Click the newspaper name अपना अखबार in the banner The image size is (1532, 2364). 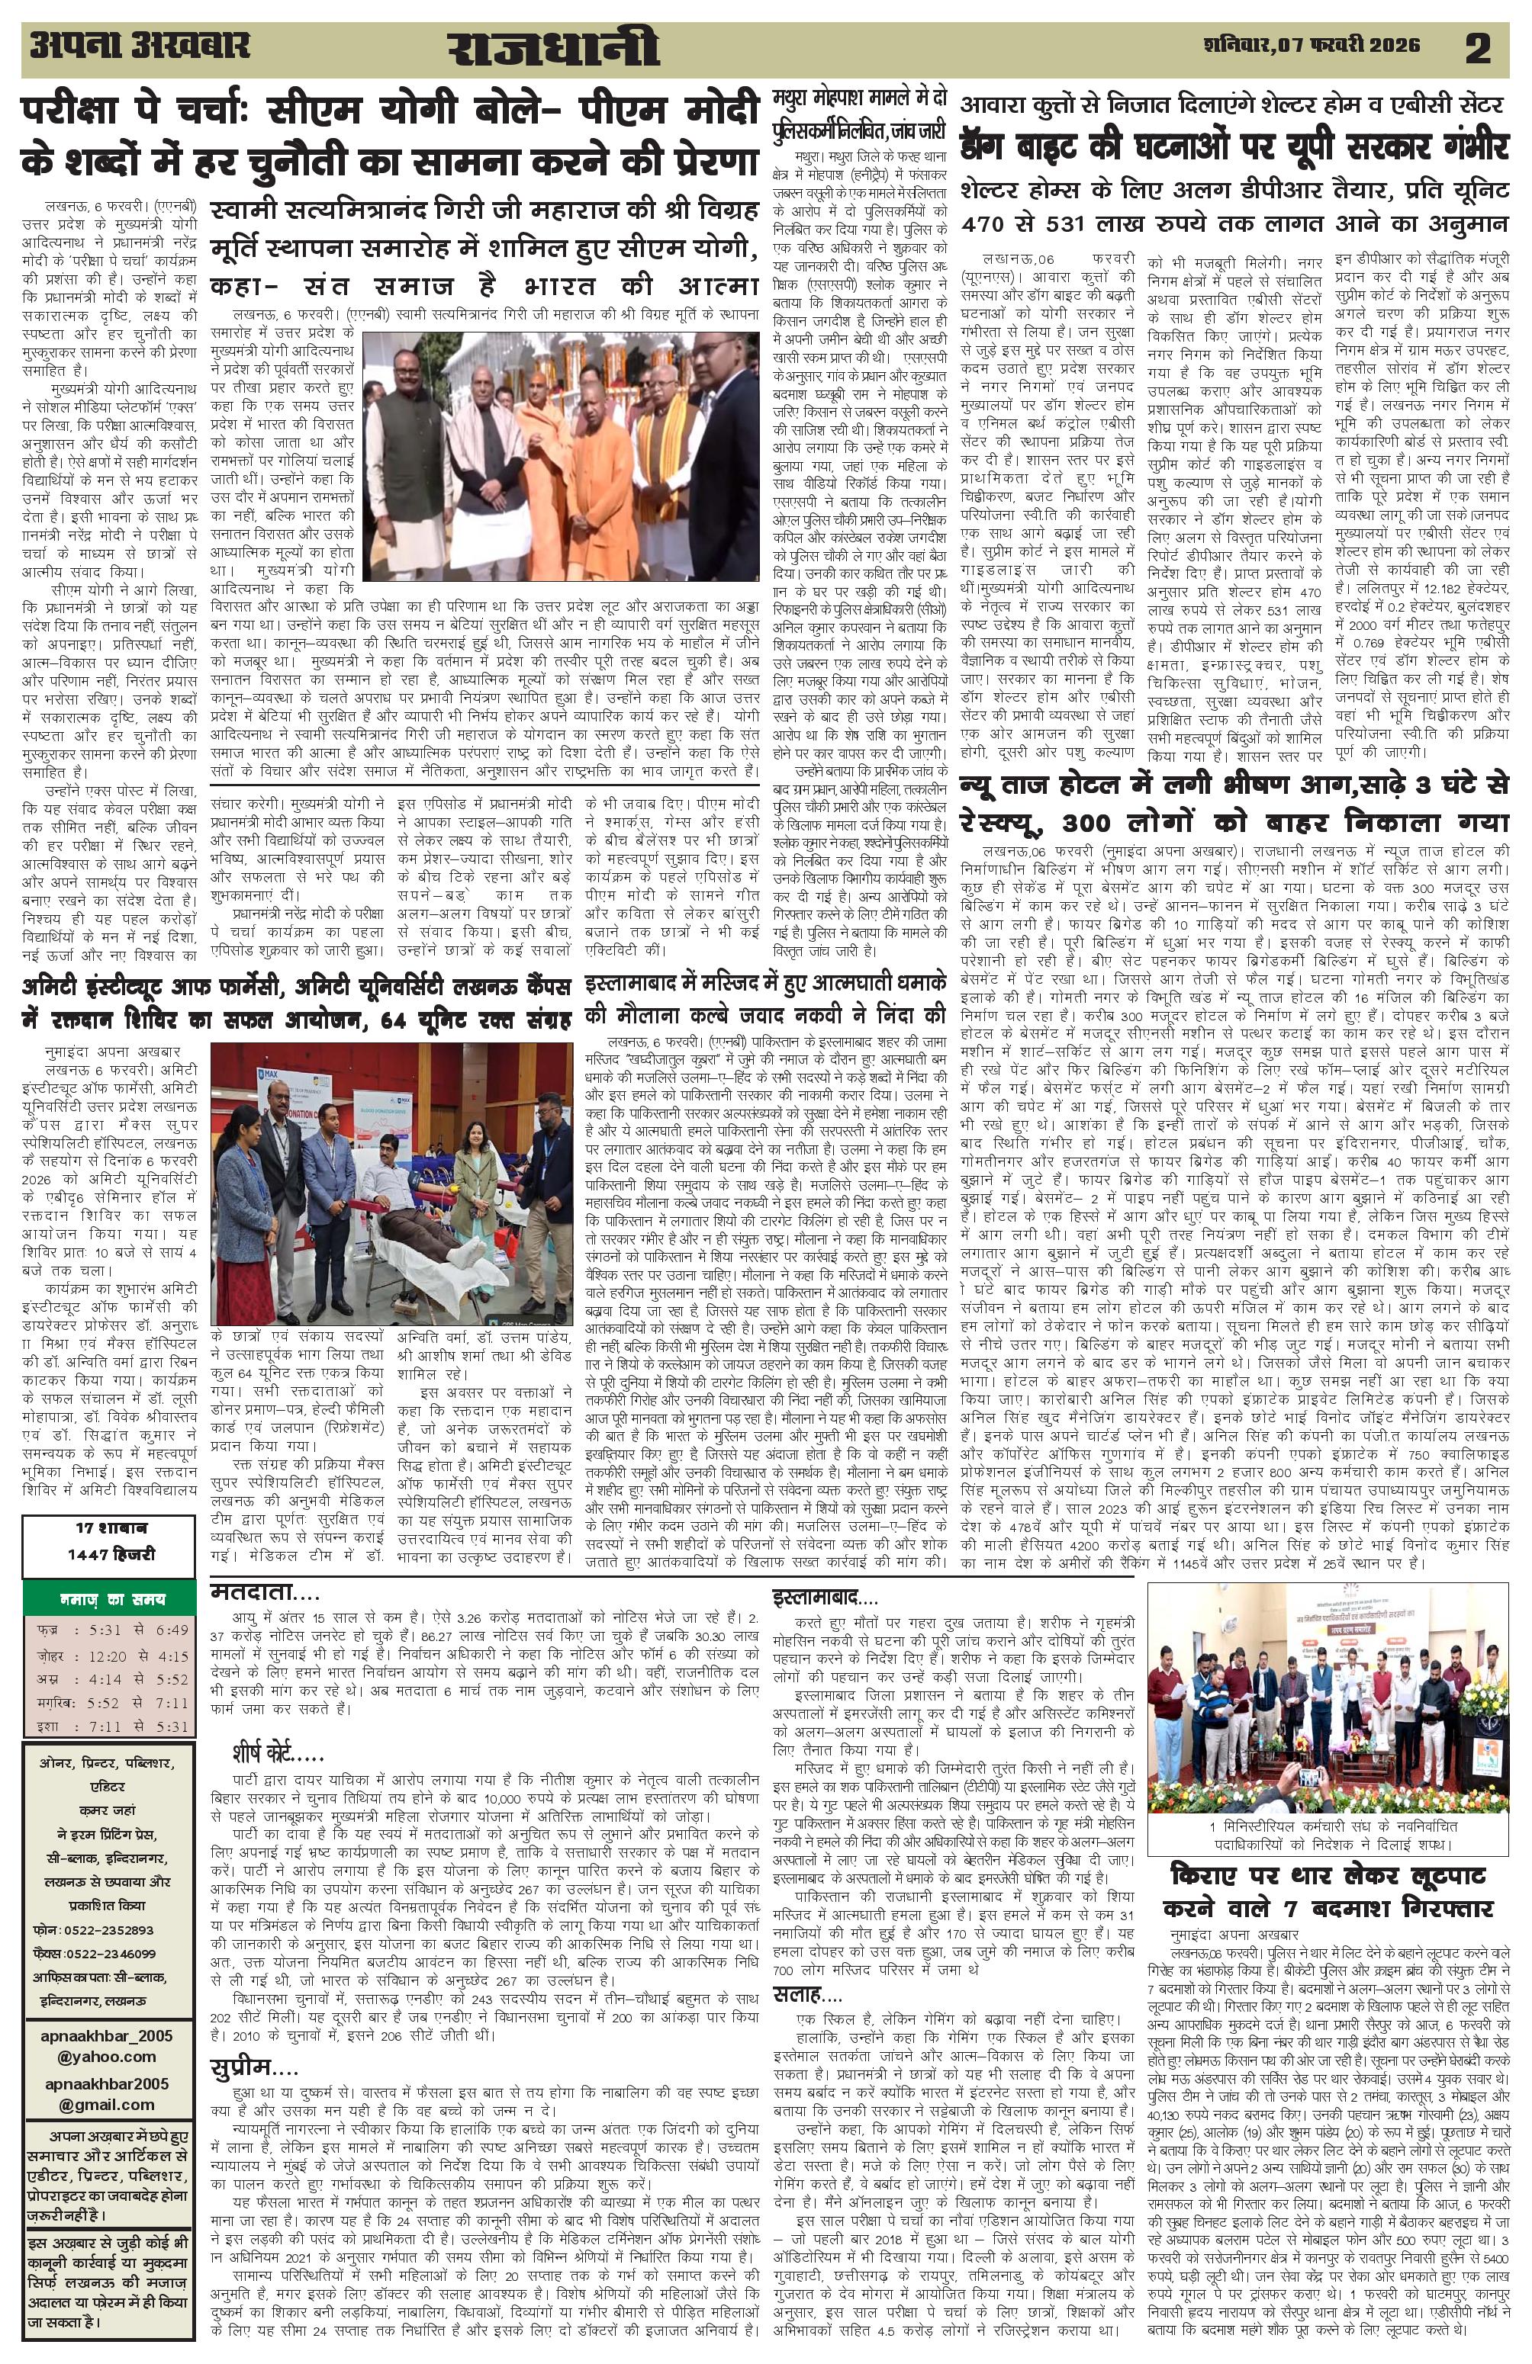click(x=140, y=46)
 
